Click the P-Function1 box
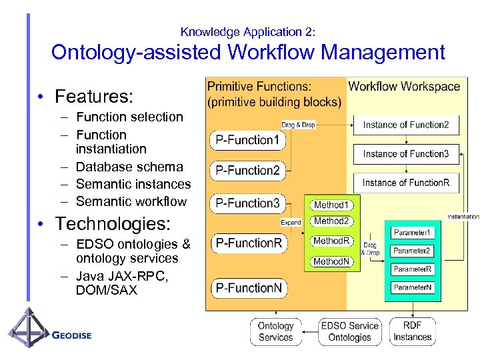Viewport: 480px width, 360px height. click(x=248, y=140)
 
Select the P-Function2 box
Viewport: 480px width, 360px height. click(x=248, y=171)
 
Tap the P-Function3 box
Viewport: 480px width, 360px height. click(x=248, y=203)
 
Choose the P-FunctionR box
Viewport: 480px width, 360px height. click(x=248, y=243)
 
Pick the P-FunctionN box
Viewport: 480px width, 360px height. click(x=248, y=287)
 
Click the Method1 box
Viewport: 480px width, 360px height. click(x=331, y=205)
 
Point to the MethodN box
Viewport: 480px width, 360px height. click(x=331, y=261)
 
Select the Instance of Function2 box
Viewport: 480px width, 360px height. click(x=405, y=125)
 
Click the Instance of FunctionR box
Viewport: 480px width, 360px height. click(x=405, y=183)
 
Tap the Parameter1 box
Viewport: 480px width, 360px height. click(x=412, y=233)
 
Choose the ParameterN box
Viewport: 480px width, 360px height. click(x=412, y=287)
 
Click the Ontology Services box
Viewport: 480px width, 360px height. click(x=275, y=331)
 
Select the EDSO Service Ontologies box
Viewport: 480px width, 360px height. click(x=349, y=331)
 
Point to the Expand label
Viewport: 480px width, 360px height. click(x=291, y=223)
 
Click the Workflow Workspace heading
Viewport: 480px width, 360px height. click(x=404, y=86)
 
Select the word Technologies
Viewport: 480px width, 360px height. click(x=113, y=223)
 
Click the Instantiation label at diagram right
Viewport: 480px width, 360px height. click(x=463, y=217)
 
